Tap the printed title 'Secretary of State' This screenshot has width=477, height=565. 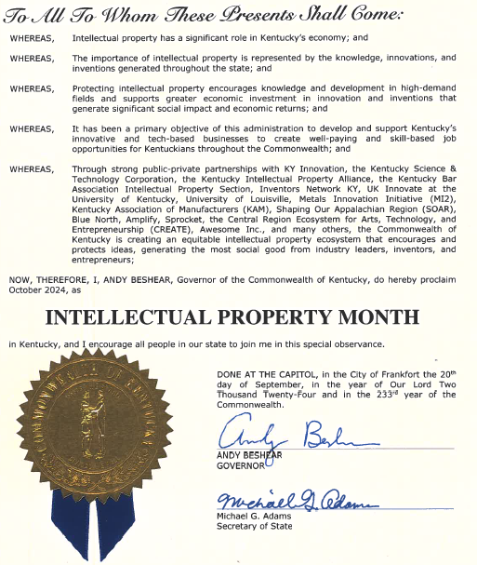(255, 526)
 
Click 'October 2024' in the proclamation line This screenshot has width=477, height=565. (33, 289)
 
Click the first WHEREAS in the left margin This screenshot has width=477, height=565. (32, 38)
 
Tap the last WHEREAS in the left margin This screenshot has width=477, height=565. (32, 169)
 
